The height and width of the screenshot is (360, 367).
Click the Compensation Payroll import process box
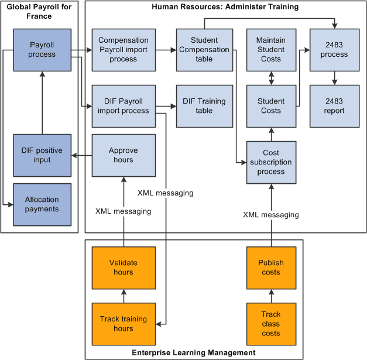pyautogui.click(x=124, y=50)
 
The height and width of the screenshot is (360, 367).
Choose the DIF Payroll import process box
pyautogui.click(x=124, y=106)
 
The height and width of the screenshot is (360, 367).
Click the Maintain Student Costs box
pyautogui.click(x=271, y=50)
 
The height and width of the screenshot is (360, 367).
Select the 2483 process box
pyautogui.click(x=334, y=50)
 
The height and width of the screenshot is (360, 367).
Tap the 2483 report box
pyautogui.click(x=334, y=106)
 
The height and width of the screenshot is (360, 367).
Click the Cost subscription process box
pyautogui.click(x=271, y=162)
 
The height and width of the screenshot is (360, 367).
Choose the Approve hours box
pyautogui.click(x=124, y=155)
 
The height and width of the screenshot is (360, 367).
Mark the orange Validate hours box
pyautogui.click(x=124, y=268)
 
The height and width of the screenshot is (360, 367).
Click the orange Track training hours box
pyautogui.click(x=124, y=324)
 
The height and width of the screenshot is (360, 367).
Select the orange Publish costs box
pyautogui.click(x=271, y=268)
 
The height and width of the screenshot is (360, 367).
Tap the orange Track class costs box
pyautogui.click(x=271, y=324)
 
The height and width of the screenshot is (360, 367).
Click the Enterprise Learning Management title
pyautogui.click(x=194, y=352)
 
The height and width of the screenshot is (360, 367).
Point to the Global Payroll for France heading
pyautogui.click(x=39, y=12)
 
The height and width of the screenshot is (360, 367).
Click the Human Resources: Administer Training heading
pyautogui.click(x=225, y=7)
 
